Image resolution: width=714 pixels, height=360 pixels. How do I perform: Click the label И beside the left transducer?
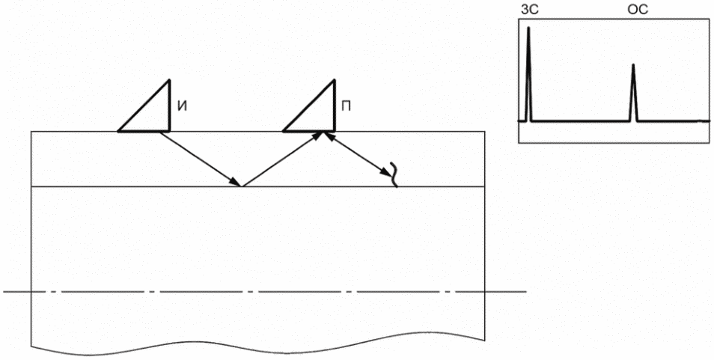tap(182, 106)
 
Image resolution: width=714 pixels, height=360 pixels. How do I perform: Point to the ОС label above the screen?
tap(637, 10)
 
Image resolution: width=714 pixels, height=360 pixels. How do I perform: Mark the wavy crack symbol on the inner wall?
tap(393, 174)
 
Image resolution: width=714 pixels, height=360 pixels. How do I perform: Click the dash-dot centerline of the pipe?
tap(262, 291)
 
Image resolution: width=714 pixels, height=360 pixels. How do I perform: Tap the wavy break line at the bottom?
tap(262, 349)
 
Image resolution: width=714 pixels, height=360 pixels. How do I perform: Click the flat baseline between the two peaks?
tap(580, 120)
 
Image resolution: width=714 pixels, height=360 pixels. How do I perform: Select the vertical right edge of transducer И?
tap(170, 105)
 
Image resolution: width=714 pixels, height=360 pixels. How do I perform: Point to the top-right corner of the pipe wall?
tap(491, 132)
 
